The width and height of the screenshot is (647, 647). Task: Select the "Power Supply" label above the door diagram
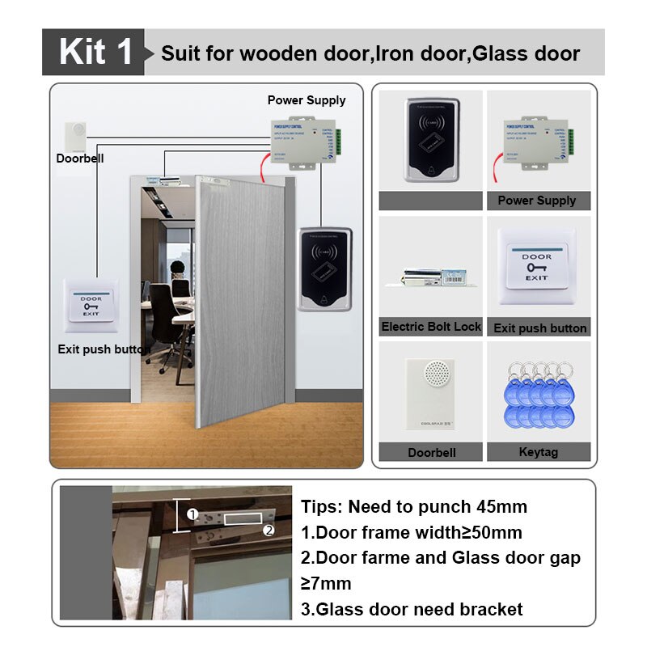pos(307,100)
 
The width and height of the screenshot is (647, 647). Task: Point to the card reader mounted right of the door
pos(325,269)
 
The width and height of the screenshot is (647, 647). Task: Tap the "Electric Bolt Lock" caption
pos(431,327)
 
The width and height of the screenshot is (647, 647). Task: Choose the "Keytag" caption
pos(538,452)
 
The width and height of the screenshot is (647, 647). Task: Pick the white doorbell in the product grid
pos(431,395)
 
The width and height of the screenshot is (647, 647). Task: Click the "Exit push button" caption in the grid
pos(539,328)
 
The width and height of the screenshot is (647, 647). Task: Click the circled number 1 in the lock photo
pos(192,514)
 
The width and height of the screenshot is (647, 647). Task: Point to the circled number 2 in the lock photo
pos(269,531)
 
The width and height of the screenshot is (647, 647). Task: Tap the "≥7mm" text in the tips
pos(326,583)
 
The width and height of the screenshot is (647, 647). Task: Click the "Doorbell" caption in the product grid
pos(431,452)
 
